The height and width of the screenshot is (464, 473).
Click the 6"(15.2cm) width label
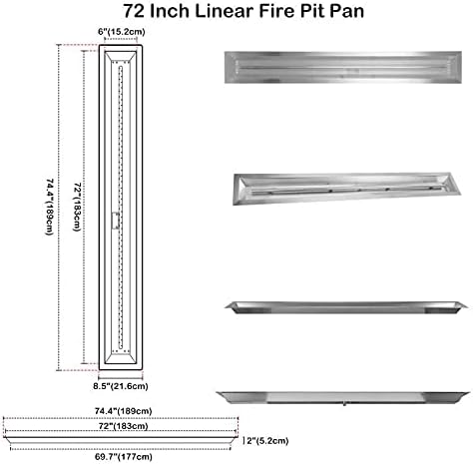(x=120, y=33)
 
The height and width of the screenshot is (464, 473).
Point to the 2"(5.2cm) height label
(x=264, y=437)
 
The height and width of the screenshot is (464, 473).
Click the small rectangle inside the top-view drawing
(x=117, y=221)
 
